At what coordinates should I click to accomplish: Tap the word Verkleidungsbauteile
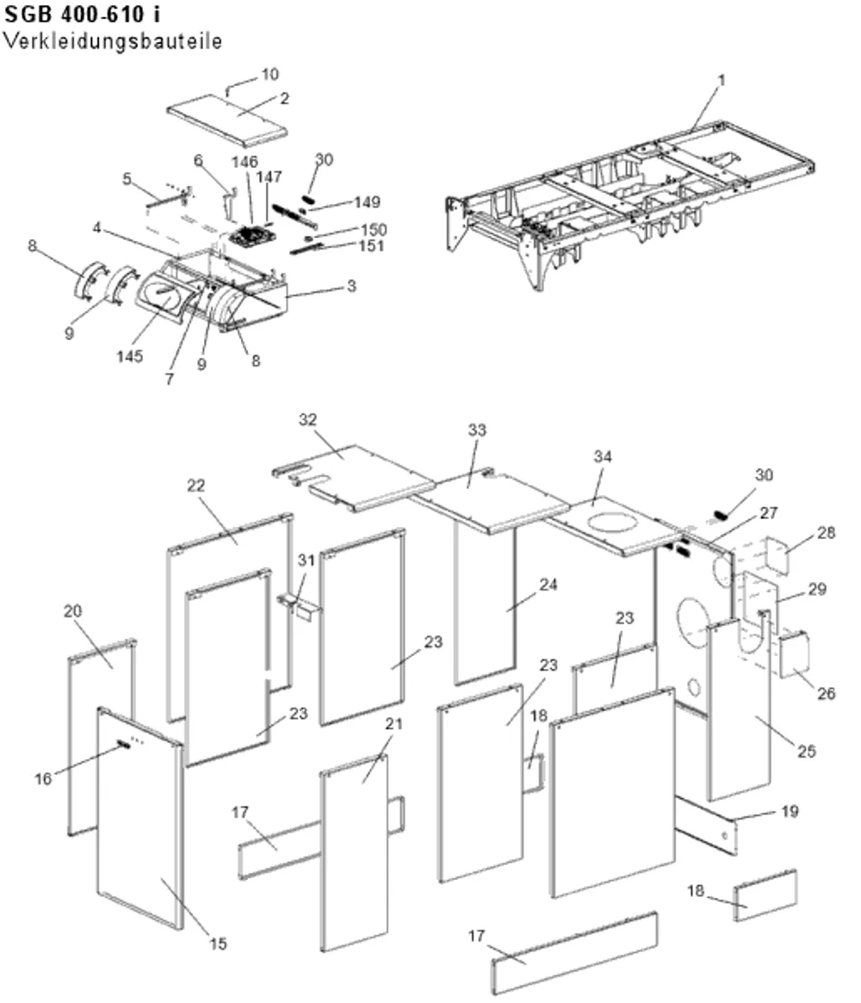(x=113, y=41)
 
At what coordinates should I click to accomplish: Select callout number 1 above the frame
(x=722, y=81)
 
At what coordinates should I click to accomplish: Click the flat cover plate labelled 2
(x=226, y=121)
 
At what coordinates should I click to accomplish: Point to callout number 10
(x=270, y=74)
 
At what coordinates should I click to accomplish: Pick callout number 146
(x=245, y=163)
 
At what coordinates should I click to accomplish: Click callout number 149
(x=367, y=202)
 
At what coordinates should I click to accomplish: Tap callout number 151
(x=372, y=245)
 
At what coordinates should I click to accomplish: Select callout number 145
(x=129, y=356)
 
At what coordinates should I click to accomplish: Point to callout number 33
(x=477, y=430)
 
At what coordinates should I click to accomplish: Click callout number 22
(x=195, y=486)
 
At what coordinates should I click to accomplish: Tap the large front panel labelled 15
(x=139, y=818)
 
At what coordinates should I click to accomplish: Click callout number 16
(x=43, y=778)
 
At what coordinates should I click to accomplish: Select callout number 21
(x=394, y=723)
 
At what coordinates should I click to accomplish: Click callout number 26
(x=827, y=693)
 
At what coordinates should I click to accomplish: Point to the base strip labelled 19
(x=706, y=826)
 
